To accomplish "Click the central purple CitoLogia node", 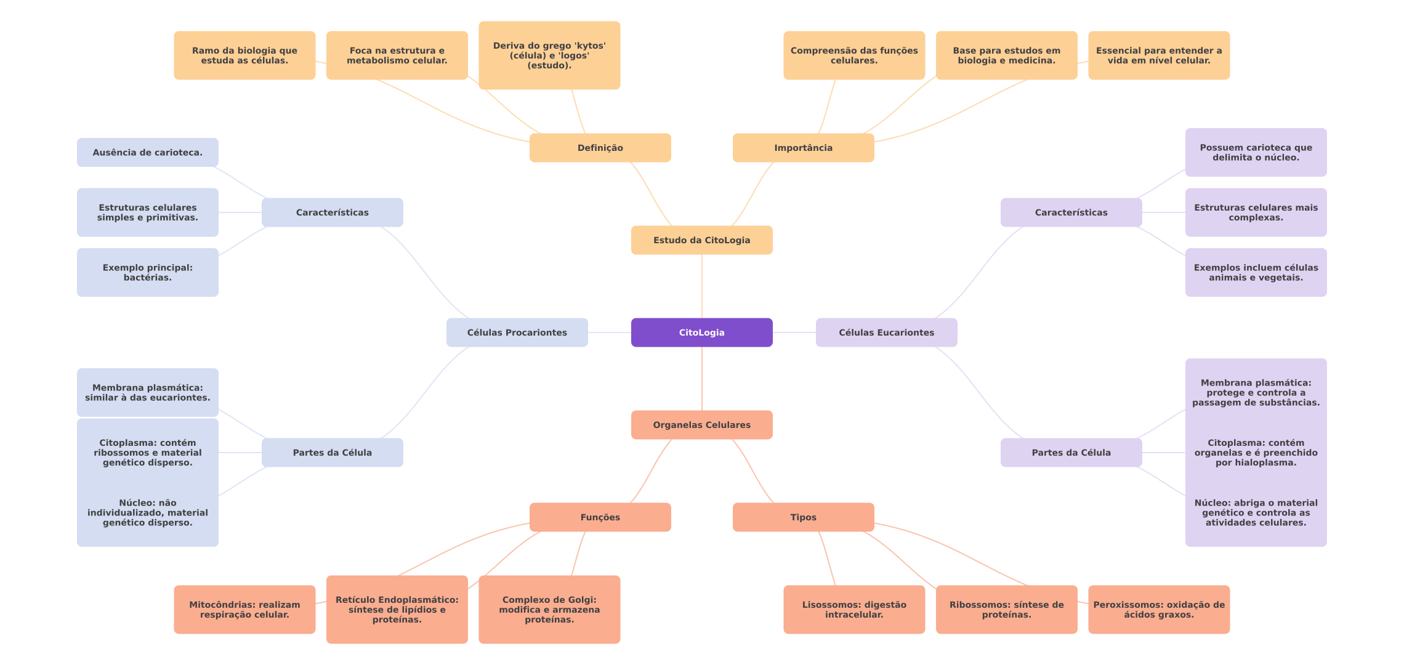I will [x=701, y=332].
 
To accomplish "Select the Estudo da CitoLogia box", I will [x=701, y=240].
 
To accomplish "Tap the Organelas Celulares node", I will [x=701, y=425].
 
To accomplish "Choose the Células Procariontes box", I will [x=517, y=332].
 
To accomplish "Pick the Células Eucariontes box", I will [x=886, y=332].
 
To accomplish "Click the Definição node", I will [x=600, y=148].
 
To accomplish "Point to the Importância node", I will [x=803, y=148].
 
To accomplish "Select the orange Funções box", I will [x=600, y=517].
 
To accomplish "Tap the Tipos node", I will [x=803, y=517].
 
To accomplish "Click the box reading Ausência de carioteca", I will [x=147, y=152].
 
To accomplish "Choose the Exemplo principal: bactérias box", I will [x=147, y=272].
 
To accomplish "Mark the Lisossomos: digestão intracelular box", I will [x=853, y=610].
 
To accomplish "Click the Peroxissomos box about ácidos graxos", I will [x=1158, y=610].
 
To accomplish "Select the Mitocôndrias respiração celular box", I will [x=244, y=610].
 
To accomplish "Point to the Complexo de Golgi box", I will [x=549, y=610].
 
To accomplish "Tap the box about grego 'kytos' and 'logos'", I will [x=549, y=55].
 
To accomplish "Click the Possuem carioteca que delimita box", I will [x=1256, y=152].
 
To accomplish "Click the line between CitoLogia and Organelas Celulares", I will [x=702, y=379].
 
